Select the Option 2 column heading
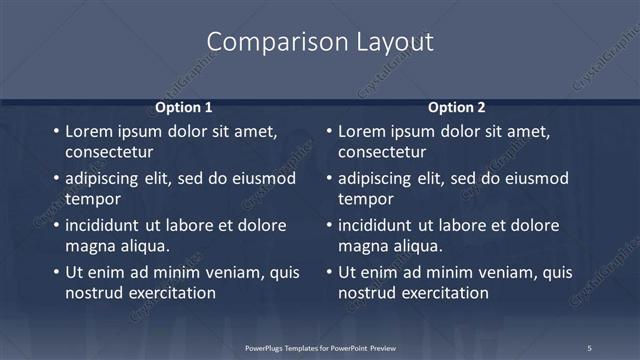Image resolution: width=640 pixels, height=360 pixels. click(457, 107)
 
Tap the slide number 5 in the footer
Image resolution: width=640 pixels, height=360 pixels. click(589, 347)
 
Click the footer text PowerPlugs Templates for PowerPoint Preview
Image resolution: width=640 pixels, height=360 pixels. click(320, 347)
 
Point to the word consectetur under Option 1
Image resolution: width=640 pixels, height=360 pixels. click(109, 153)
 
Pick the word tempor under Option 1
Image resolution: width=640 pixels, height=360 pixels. click(92, 199)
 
